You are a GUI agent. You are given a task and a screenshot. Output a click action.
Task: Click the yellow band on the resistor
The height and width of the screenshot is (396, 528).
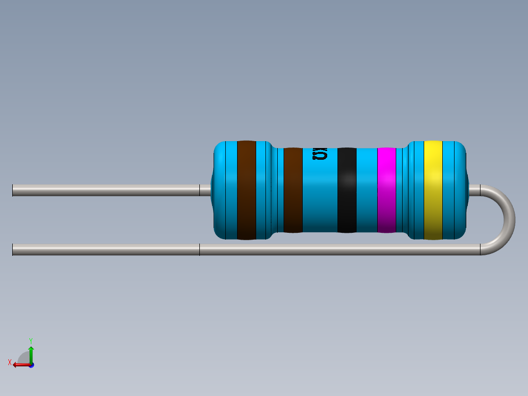(433, 190)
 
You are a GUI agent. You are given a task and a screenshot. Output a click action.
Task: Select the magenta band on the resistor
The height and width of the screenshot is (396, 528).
(386, 190)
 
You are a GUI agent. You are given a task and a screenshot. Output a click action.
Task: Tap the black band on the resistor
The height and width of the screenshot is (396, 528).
(347, 190)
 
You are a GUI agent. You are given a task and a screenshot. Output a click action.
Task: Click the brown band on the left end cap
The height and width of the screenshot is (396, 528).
(246, 190)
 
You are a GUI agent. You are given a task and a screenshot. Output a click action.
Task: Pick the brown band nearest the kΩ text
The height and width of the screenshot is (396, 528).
(293, 190)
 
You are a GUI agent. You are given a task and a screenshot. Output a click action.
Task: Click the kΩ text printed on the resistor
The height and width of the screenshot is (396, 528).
(320, 154)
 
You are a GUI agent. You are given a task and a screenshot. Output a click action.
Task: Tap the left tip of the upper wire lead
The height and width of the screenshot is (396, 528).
(14, 190)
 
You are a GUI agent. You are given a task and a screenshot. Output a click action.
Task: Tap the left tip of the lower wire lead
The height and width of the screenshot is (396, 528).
(14, 249)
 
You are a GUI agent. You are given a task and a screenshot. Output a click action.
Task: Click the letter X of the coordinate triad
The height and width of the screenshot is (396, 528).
(10, 362)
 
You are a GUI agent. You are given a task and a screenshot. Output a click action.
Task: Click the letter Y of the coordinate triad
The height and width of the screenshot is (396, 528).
(30, 340)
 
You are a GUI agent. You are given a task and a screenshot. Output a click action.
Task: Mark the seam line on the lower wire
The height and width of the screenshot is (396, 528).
(199, 249)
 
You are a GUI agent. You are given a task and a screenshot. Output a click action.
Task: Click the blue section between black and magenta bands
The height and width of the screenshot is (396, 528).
(366, 190)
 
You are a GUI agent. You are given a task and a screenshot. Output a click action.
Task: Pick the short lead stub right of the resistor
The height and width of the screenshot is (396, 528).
(474, 190)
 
